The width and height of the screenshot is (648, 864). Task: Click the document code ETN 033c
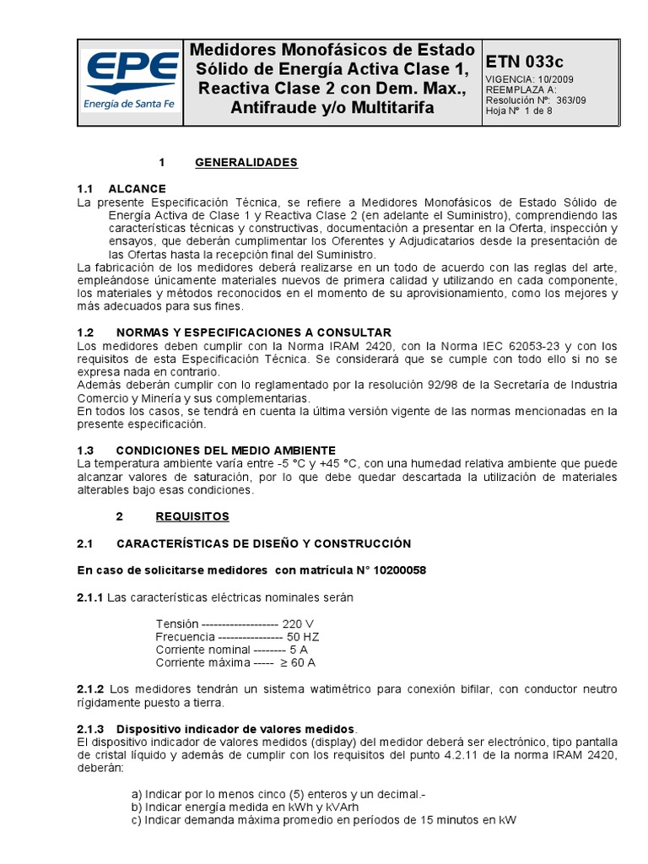pos(524,62)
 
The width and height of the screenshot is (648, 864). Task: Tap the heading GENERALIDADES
pos(246,162)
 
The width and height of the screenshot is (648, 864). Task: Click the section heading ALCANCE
pos(137,188)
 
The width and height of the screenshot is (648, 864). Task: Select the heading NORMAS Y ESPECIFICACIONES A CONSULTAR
pos(253,332)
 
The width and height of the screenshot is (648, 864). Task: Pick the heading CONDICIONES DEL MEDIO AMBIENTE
pos(225,450)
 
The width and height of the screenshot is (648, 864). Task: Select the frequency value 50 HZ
pos(303,636)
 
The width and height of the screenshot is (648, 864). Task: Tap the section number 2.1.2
pos(89,688)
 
